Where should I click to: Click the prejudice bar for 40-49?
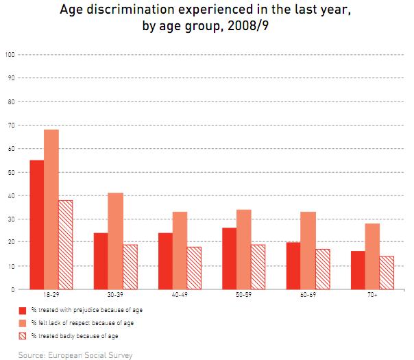click(x=165, y=261)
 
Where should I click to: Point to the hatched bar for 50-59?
click(x=258, y=266)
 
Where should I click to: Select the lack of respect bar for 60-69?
click(x=308, y=250)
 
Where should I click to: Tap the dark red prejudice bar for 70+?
click(x=358, y=270)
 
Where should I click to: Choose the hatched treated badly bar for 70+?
click(x=387, y=272)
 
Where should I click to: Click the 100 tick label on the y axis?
click(x=9, y=54)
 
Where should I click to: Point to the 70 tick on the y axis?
click(x=10, y=125)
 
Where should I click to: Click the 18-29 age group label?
click(x=51, y=296)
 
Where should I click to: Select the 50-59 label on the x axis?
click(x=243, y=296)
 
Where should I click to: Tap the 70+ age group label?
click(x=372, y=296)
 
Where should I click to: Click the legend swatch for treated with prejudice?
click(x=23, y=310)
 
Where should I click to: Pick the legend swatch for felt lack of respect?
click(x=23, y=322)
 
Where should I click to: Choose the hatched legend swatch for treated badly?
click(x=23, y=335)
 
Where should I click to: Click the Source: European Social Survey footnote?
click(x=75, y=355)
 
